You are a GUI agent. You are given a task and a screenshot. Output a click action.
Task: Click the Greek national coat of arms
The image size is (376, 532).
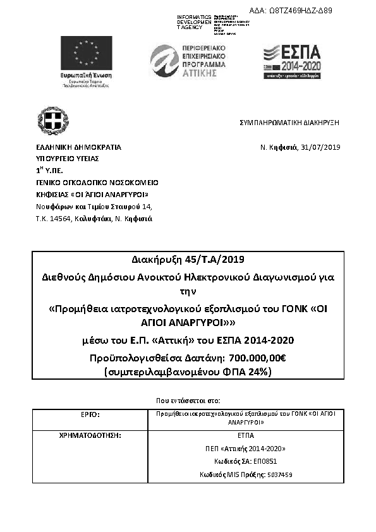(x=52, y=121)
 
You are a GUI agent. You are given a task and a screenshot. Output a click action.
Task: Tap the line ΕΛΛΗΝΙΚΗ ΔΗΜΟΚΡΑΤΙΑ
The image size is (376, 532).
(x=78, y=147)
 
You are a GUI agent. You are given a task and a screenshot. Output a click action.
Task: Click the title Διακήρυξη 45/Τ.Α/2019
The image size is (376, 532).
(x=188, y=260)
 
